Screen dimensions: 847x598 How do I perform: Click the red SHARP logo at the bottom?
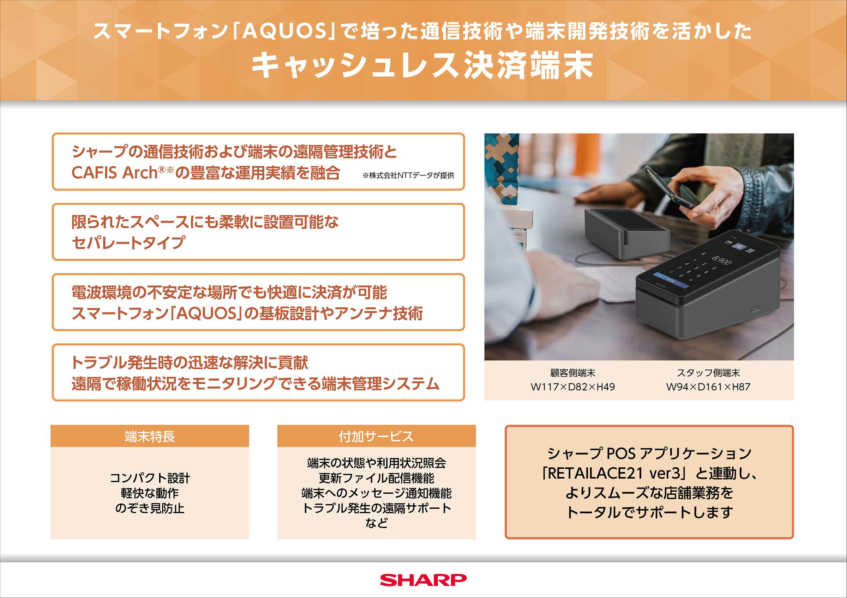[x=423, y=580]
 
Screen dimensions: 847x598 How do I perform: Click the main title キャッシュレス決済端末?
[x=423, y=65]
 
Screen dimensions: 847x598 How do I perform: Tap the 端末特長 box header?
[x=150, y=436]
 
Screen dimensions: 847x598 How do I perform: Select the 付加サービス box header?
[x=376, y=436]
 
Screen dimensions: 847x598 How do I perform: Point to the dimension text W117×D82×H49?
[x=572, y=387]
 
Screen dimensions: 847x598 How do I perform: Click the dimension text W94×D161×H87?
[x=708, y=387]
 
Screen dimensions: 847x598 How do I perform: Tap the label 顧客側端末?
[x=572, y=373]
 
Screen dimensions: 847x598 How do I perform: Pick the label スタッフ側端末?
[x=708, y=373]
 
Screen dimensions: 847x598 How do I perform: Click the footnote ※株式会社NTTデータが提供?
[x=408, y=175]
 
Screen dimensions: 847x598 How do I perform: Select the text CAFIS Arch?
[x=115, y=173]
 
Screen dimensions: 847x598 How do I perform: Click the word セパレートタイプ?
[x=128, y=243]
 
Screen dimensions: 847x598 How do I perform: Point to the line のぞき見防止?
[x=150, y=508]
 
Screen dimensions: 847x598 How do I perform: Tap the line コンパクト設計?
[x=150, y=478]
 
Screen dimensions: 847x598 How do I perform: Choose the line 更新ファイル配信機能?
[x=376, y=478]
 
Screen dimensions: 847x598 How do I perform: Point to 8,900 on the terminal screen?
[x=721, y=260]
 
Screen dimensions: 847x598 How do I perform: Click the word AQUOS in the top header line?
[x=284, y=31]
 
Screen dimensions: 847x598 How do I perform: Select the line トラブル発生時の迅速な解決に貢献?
[x=190, y=363]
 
